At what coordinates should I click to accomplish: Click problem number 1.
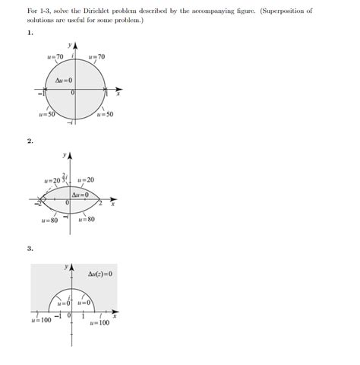click(x=29, y=33)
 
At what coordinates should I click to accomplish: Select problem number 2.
click(x=29, y=141)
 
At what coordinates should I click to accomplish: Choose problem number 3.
click(x=29, y=248)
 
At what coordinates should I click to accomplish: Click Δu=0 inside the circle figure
click(x=64, y=81)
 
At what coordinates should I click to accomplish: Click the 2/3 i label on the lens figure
click(x=65, y=178)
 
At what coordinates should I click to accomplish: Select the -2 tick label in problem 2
click(x=36, y=205)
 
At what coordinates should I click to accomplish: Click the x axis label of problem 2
click(x=112, y=205)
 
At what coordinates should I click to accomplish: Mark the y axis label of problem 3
click(x=67, y=268)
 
